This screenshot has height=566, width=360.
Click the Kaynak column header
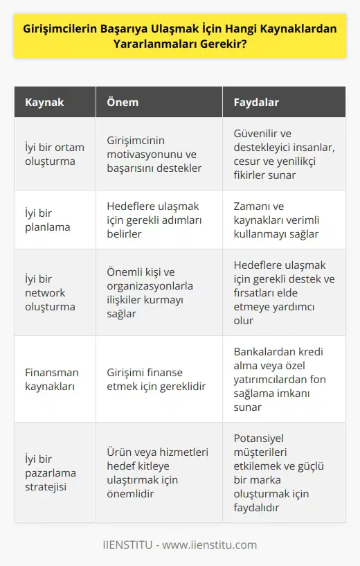click(46, 102)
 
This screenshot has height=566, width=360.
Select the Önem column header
click(123, 102)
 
